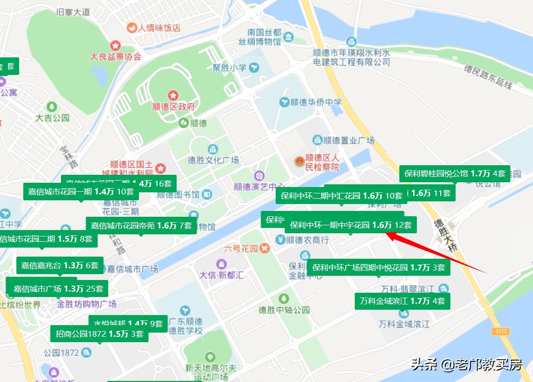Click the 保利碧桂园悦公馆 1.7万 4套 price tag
coord(455,174)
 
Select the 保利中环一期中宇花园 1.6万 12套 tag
coord(351,225)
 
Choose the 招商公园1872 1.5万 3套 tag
coord(100,334)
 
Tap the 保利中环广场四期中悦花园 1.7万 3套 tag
coord(378,267)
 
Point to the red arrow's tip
coord(386,233)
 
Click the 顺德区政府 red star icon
coord(173,96)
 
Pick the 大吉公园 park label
coord(52,117)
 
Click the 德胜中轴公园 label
coord(284,309)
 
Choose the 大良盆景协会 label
coord(115,56)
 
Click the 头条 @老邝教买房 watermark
coord(467,364)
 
